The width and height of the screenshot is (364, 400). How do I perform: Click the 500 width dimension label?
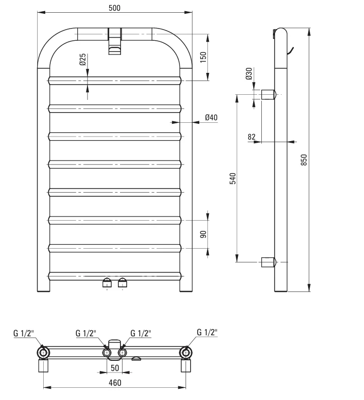pyautogui.click(x=115, y=8)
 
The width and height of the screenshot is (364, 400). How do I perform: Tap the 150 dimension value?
pyautogui.click(x=203, y=57)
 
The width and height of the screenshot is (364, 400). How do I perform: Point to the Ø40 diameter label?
pyautogui.click(x=211, y=118)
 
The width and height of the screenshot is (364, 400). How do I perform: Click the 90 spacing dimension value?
pyautogui.click(x=203, y=234)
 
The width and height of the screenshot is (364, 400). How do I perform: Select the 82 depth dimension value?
pyautogui.click(x=252, y=137)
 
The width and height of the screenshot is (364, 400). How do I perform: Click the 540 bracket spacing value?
pyautogui.click(x=233, y=178)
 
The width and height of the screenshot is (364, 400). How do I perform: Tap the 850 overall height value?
pyautogui.click(x=304, y=160)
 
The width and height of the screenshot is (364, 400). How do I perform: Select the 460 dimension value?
pyautogui.click(x=115, y=383)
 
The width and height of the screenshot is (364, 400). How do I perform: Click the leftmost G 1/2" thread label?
pyautogui.click(x=24, y=333)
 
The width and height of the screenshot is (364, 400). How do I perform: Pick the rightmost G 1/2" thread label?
pyautogui.click(x=207, y=332)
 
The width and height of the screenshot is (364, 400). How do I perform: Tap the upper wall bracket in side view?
pyautogui.click(x=268, y=95)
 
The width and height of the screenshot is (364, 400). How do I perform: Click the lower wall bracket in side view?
pyautogui.click(x=268, y=262)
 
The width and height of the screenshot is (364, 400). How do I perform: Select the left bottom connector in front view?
pyautogui.click(x=107, y=282)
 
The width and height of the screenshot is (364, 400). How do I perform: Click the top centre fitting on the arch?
pyautogui.click(x=115, y=41)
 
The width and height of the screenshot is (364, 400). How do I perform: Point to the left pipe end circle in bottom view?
pyautogui.click(x=43, y=353)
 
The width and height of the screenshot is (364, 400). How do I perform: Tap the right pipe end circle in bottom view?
pyautogui.click(x=187, y=353)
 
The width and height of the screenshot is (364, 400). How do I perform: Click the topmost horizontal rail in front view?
pyautogui.click(x=115, y=80)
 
